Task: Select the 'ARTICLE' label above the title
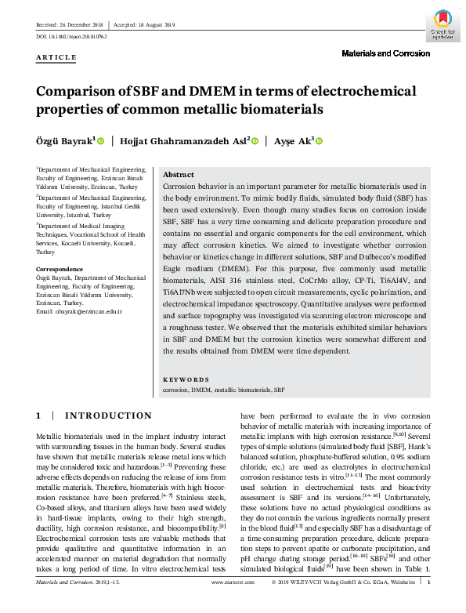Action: (x=56, y=57)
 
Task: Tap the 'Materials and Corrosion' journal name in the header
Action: (x=386, y=53)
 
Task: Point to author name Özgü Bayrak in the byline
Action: (x=65, y=141)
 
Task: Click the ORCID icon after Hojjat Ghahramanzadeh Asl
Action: (x=255, y=141)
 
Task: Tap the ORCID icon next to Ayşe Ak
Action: (x=319, y=141)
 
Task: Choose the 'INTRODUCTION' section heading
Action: (x=108, y=415)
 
